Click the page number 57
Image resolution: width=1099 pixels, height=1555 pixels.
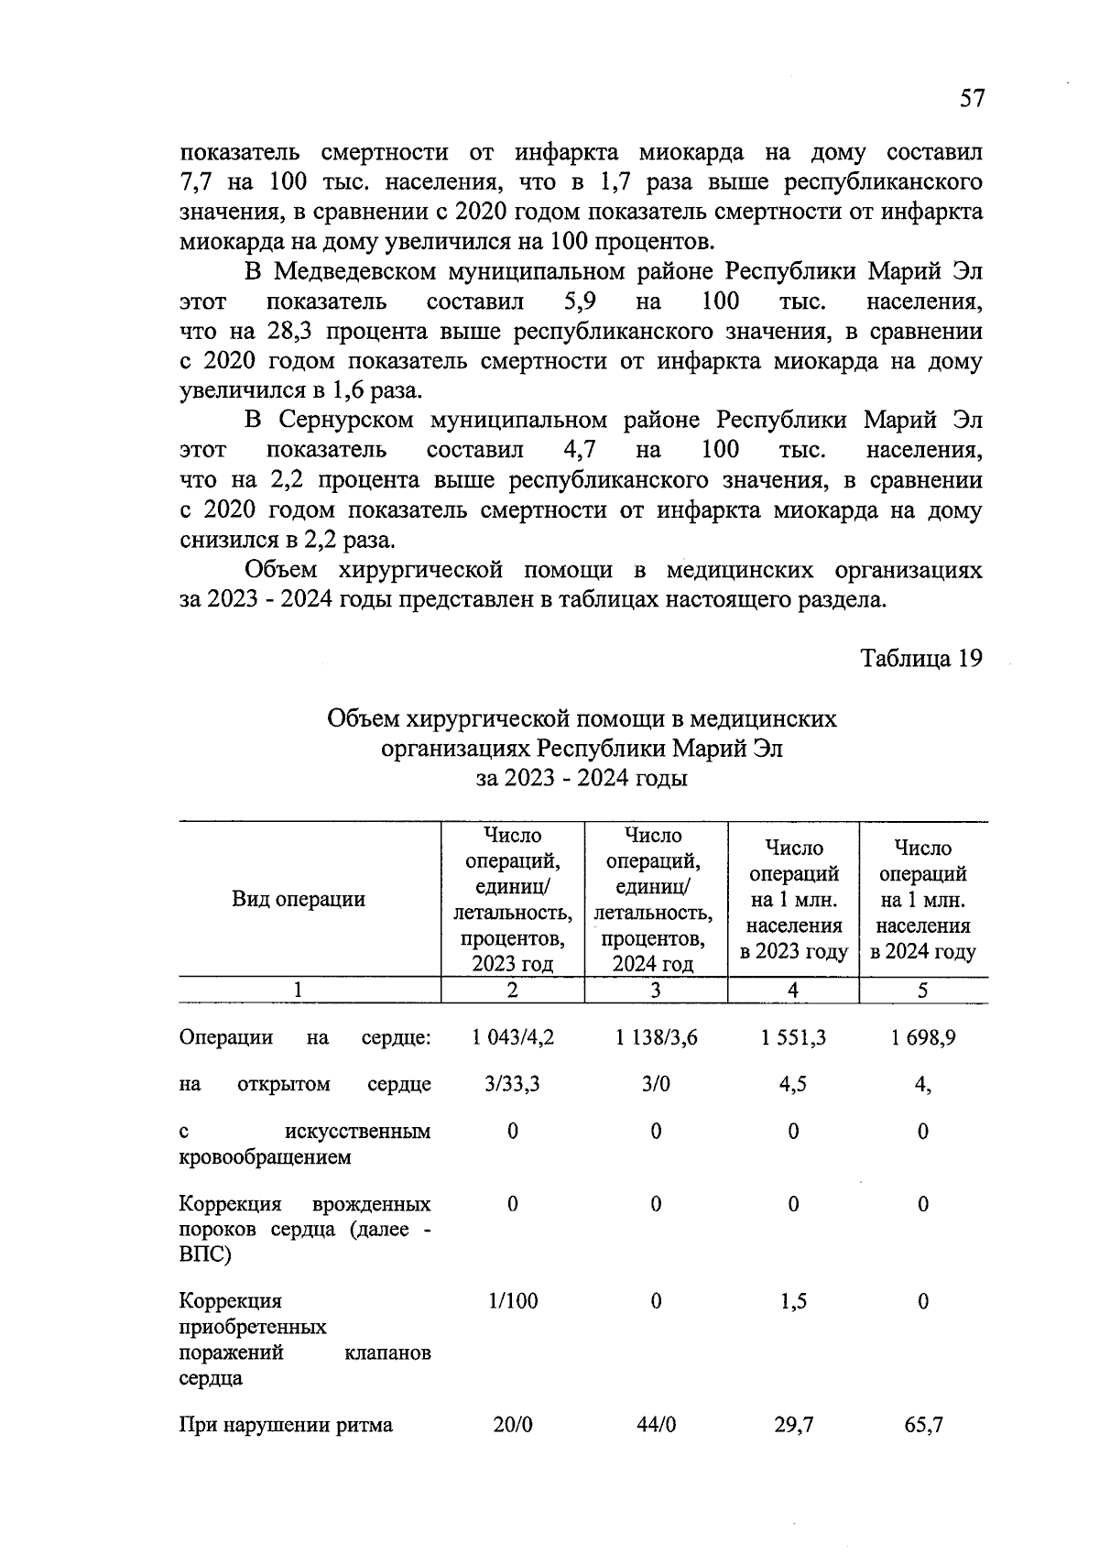[972, 99]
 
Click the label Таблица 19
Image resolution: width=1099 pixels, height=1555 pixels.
[921, 659]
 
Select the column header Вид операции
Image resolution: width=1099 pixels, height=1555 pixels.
[299, 899]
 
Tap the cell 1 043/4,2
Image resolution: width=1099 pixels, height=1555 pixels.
[513, 1037]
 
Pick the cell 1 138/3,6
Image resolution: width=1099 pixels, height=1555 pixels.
[656, 1037]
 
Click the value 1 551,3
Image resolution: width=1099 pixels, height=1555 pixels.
[793, 1037]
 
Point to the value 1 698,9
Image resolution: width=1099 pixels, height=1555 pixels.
[923, 1037]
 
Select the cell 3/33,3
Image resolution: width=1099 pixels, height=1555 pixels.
[512, 1084]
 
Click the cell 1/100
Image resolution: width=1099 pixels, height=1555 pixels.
[513, 1301]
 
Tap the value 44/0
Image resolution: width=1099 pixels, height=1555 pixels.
[656, 1425]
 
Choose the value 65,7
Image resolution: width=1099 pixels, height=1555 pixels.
[923, 1425]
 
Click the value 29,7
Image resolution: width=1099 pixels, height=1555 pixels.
[793, 1425]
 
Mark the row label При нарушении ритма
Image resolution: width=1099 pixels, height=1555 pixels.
[286, 1425]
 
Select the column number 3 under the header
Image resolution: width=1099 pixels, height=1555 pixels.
[656, 991]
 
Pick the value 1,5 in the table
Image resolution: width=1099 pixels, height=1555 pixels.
[793, 1301]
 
